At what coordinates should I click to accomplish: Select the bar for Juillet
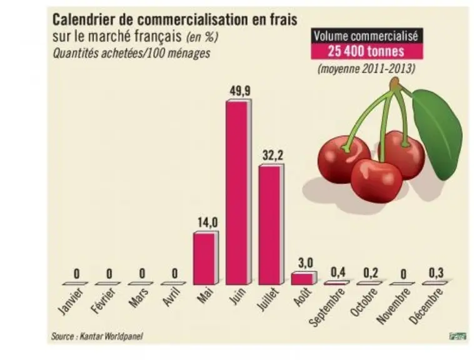[271, 224]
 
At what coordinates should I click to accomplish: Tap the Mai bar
[206, 258]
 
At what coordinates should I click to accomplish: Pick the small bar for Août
[304, 278]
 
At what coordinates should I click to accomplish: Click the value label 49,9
[240, 91]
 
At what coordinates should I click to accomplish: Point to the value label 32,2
[273, 156]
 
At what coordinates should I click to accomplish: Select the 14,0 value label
[208, 223]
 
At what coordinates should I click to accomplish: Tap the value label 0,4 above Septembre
[338, 272]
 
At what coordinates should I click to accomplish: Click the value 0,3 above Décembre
[436, 272]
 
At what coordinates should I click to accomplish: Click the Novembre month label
[394, 306]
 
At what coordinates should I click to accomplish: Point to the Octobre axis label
[364, 302]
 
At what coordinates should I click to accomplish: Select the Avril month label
[171, 297]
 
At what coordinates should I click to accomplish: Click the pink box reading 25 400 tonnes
[366, 51]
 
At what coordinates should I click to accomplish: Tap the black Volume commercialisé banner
[366, 36]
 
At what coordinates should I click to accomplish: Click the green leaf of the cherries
[437, 133]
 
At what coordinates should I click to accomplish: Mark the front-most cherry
[376, 181]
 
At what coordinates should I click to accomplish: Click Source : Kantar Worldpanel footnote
[97, 336]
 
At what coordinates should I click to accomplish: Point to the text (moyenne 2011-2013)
[366, 69]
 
